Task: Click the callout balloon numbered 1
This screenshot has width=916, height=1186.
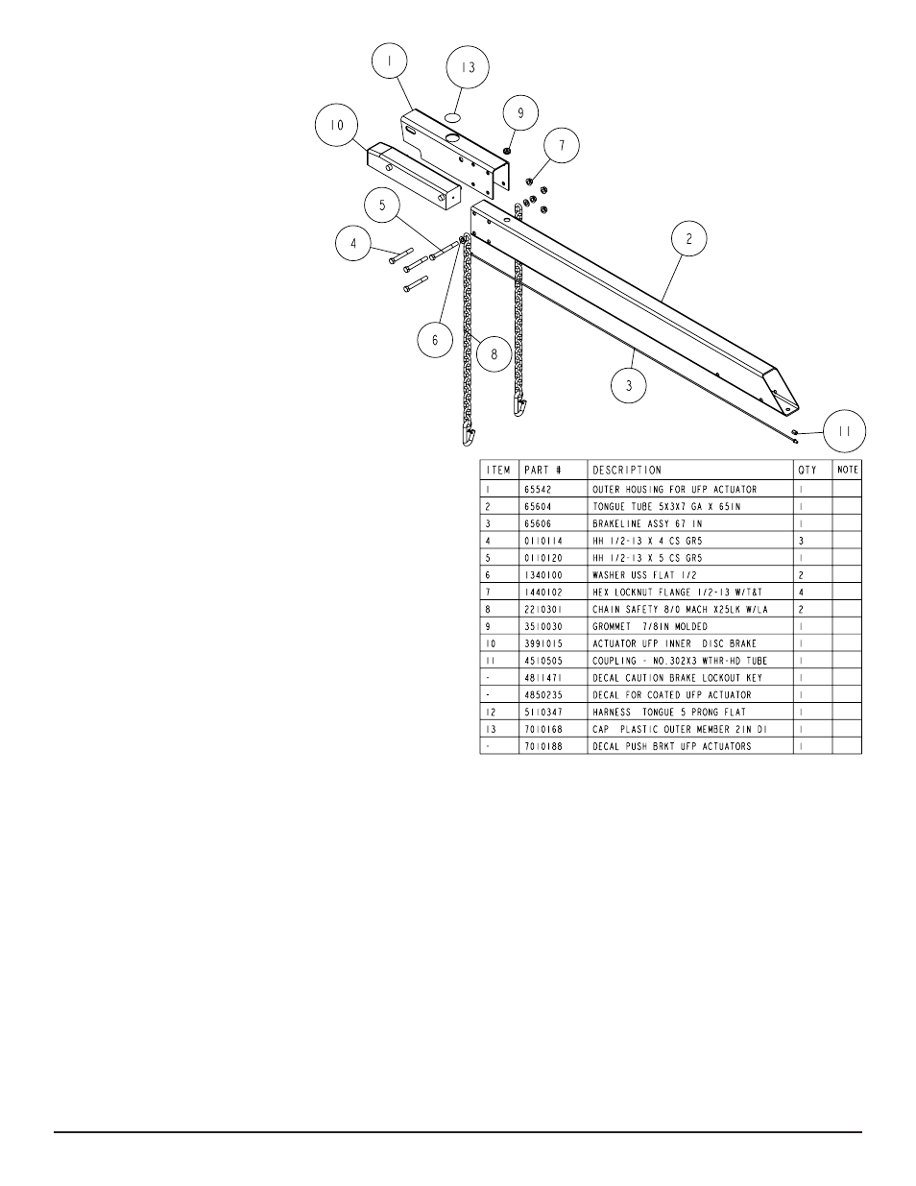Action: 389,61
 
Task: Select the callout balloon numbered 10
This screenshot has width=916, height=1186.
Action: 337,126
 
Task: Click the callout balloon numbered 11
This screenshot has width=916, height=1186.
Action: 844,432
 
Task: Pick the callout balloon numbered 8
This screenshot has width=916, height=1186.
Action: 494,354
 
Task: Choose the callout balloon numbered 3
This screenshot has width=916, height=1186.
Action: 630,386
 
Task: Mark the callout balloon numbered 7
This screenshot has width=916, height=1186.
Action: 563,147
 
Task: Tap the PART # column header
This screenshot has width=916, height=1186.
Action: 542,471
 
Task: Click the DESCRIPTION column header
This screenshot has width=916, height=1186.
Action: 626,471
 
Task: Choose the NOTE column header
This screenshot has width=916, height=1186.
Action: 848,471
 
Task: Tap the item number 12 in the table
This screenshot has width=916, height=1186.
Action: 490,713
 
